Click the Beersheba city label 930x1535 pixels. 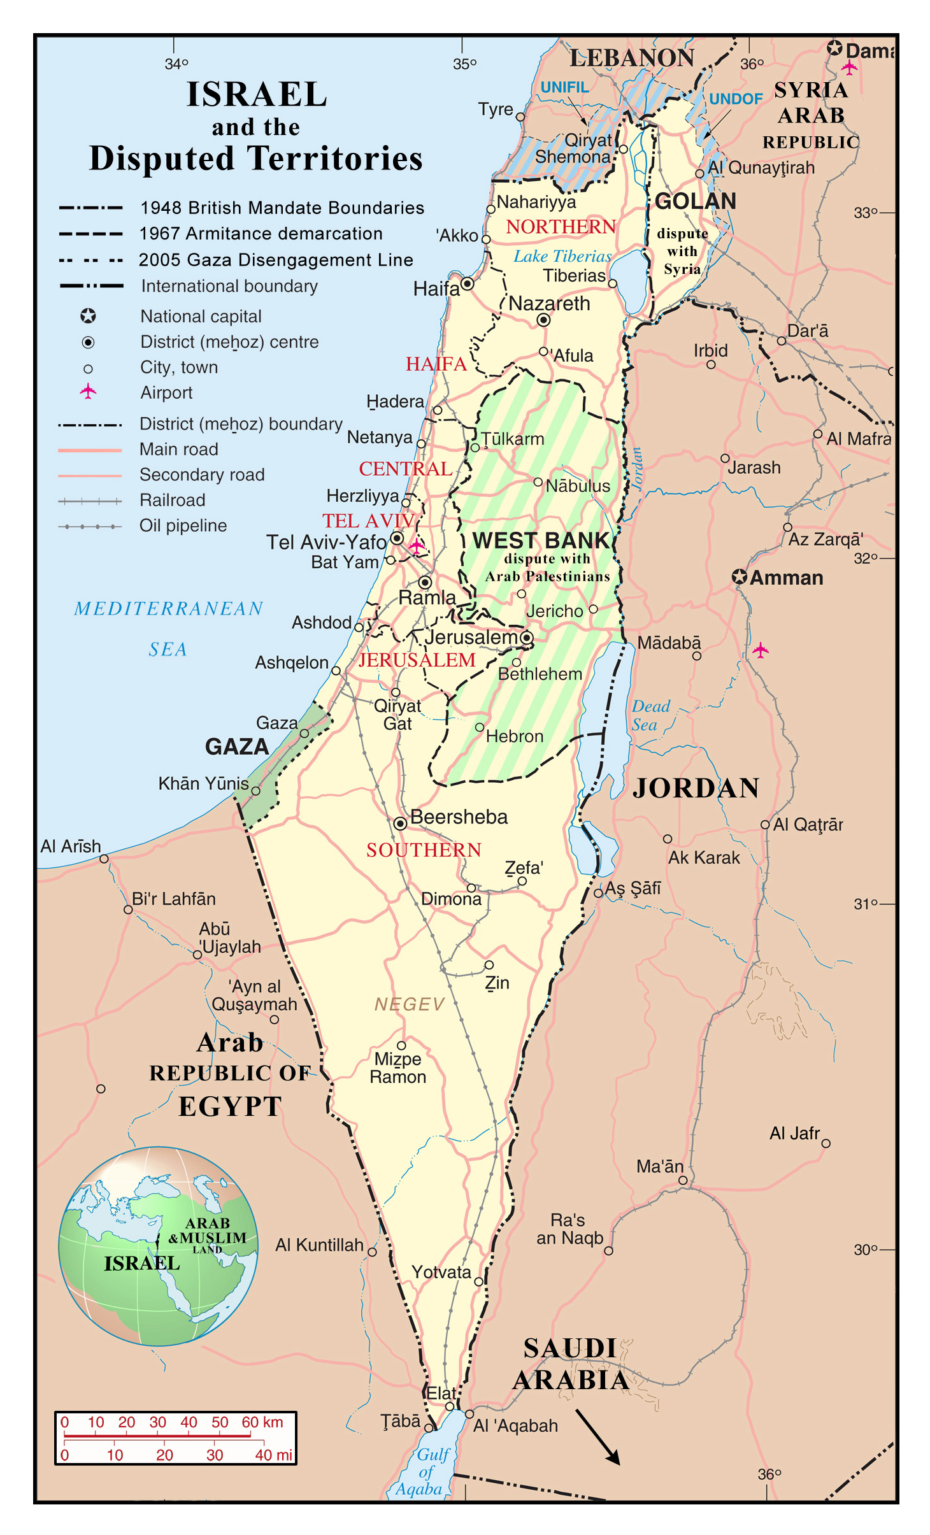[458, 817]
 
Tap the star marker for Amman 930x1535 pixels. [739, 577]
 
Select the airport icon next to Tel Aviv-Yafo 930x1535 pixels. [417, 546]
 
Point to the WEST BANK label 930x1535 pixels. [541, 541]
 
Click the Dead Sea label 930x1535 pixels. [650, 715]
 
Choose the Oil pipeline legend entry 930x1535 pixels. [183, 526]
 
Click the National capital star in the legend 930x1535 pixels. [88, 316]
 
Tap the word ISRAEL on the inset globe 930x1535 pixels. [141, 1263]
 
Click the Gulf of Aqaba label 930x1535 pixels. [424, 1471]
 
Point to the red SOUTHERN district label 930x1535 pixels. [424, 850]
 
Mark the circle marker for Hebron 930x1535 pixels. [480, 727]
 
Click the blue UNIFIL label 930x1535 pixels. [564, 87]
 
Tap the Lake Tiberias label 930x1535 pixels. [562, 256]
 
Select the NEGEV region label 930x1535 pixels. [409, 1004]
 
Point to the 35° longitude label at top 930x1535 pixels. [464, 64]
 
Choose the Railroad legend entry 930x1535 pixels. [172, 501]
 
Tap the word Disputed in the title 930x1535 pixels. [162, 159]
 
